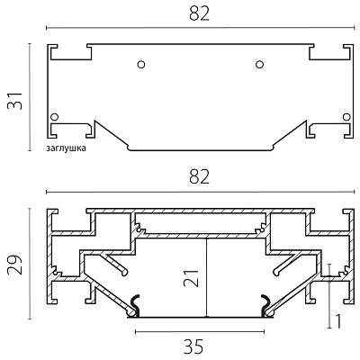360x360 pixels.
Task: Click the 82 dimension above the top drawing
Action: (x=199, y=13)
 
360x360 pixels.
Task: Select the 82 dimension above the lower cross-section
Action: (x=199, y=177)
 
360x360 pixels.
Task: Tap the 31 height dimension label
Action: (x=15, y=101)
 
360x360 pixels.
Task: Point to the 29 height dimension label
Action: (x=15, y=265)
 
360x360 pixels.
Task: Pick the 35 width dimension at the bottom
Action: (x=193, y=346)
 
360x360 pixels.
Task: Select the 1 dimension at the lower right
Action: (x=338, y=321)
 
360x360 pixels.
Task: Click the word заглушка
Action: (x=66, y=148)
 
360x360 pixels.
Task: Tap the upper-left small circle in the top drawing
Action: (x=141, y=64)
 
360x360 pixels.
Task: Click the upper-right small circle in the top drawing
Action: (x=260, y=64)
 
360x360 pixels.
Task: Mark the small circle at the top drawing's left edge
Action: (x=55, y=116)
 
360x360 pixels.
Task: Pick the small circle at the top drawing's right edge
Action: (x=346, y=116)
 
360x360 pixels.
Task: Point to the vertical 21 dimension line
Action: (x=207, y=277)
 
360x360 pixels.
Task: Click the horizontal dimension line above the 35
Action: (x=200, y=331)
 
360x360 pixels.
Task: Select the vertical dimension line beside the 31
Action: (x=30, y=97)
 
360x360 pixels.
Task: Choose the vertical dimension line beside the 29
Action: (x=30, y=264)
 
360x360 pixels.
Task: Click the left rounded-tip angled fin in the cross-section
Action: (x=114, y=264)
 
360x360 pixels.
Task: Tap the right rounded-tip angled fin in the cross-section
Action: (x=286, y=264)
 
